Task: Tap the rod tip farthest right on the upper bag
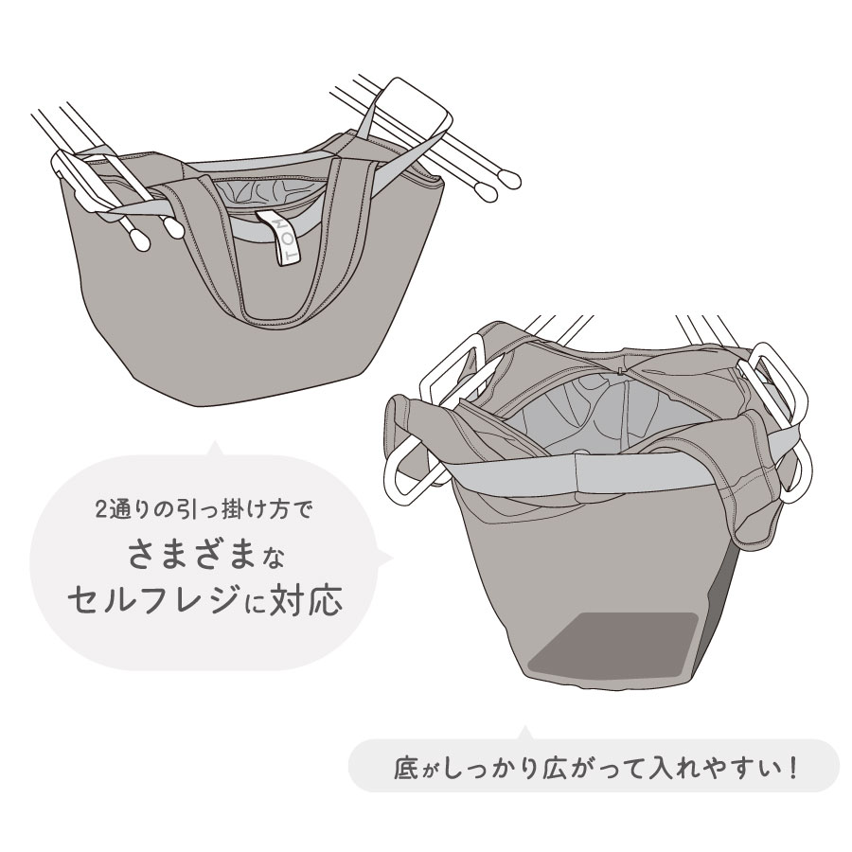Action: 511,181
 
